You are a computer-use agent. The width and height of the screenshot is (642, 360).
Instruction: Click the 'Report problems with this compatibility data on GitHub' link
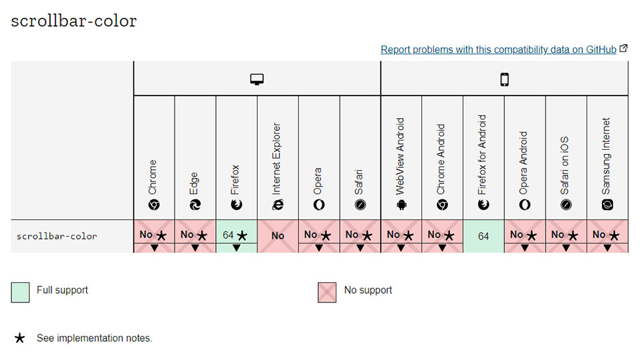coord(498,50)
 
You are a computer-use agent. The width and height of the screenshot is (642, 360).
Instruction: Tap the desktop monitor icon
coord(257,79)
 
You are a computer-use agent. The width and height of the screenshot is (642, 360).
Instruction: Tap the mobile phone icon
coord(504,79)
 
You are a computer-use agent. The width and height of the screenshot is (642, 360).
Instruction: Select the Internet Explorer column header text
coord(277,159)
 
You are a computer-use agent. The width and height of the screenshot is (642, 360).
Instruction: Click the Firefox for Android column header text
coord(482,155)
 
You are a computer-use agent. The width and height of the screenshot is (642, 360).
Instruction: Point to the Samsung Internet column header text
coord(606,156)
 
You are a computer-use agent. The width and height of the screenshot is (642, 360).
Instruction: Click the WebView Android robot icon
coord(401,204)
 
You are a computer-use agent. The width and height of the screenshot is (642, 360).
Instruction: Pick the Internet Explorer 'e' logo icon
coord(278,204)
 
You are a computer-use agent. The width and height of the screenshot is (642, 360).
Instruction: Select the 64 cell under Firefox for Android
coord(484,236)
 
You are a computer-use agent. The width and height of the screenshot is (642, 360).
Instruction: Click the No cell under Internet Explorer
coord(278,236)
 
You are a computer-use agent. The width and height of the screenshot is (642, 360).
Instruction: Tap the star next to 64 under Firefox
coord(242,236)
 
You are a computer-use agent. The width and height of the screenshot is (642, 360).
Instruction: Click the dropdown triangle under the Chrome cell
coord(154,248)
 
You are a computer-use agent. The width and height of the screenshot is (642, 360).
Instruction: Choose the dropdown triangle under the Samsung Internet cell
coord(607,248)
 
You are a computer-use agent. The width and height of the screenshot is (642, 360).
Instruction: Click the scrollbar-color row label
coord(57,236)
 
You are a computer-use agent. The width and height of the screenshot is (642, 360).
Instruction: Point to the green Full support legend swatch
coord(20,292)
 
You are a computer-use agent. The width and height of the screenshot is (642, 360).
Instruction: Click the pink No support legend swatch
coord(327,292)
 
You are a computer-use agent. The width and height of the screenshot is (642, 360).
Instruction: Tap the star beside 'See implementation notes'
coord(19,338)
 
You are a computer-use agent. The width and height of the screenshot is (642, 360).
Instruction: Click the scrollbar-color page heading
coord(74,21)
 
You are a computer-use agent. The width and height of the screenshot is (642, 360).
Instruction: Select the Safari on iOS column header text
coord(564,165)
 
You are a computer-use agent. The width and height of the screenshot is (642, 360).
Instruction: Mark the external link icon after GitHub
coord(623,48)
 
